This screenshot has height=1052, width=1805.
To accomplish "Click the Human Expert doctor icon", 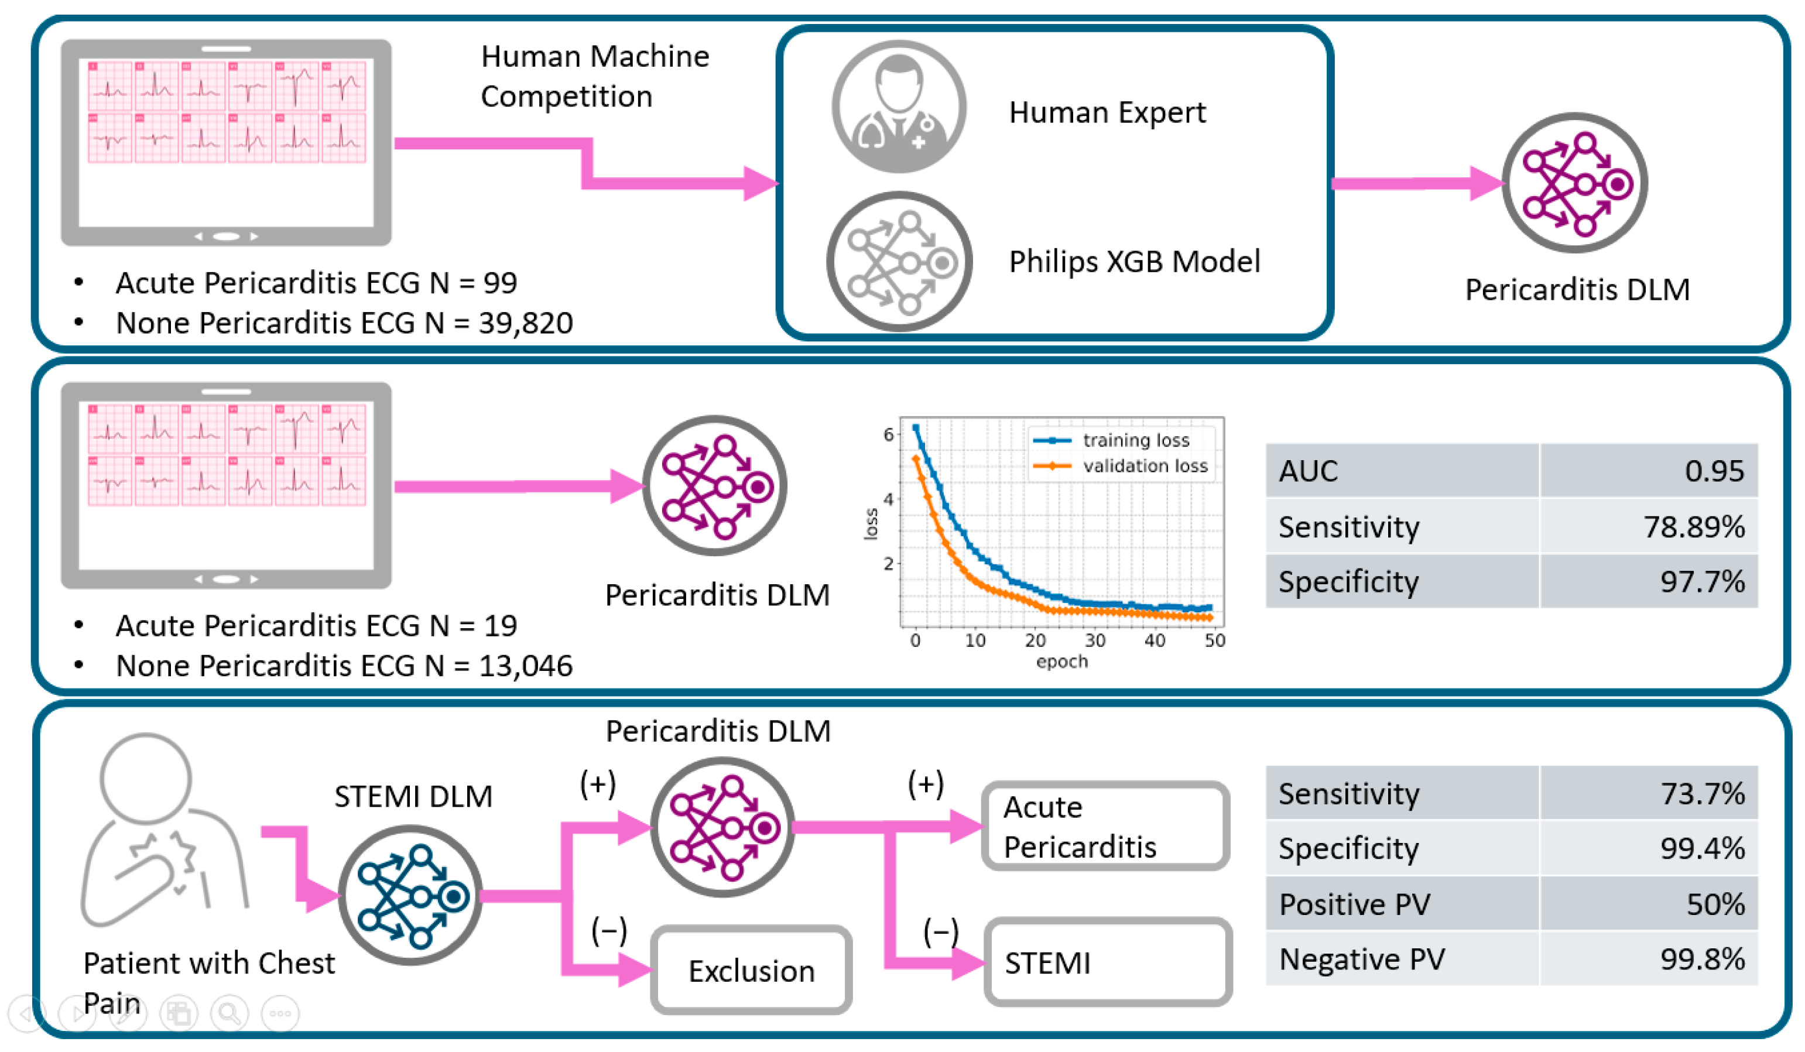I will tap(898, 107).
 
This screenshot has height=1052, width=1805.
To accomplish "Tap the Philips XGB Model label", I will tap(1134, 261).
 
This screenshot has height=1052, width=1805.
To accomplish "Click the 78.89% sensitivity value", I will tap(1693, 526).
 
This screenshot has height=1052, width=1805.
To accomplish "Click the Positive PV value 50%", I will tap(1715, 904).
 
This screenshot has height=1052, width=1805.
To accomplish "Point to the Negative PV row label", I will tap(1361, 959).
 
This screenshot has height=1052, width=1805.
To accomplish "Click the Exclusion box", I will tap(751, 971).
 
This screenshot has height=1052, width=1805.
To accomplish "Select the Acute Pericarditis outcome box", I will tap(1106, 827).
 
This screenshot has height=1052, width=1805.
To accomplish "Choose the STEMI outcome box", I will tap(1107, 962).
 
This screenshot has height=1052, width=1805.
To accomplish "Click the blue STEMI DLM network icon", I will tap(410, 895).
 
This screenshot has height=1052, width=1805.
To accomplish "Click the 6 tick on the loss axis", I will tap(888, 434).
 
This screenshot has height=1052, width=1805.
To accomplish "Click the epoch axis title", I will tap(1061, 662).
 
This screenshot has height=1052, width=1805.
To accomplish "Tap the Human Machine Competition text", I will tap(594, 76).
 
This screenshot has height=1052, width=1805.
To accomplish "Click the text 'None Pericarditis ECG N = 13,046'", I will tap(344, 666).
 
